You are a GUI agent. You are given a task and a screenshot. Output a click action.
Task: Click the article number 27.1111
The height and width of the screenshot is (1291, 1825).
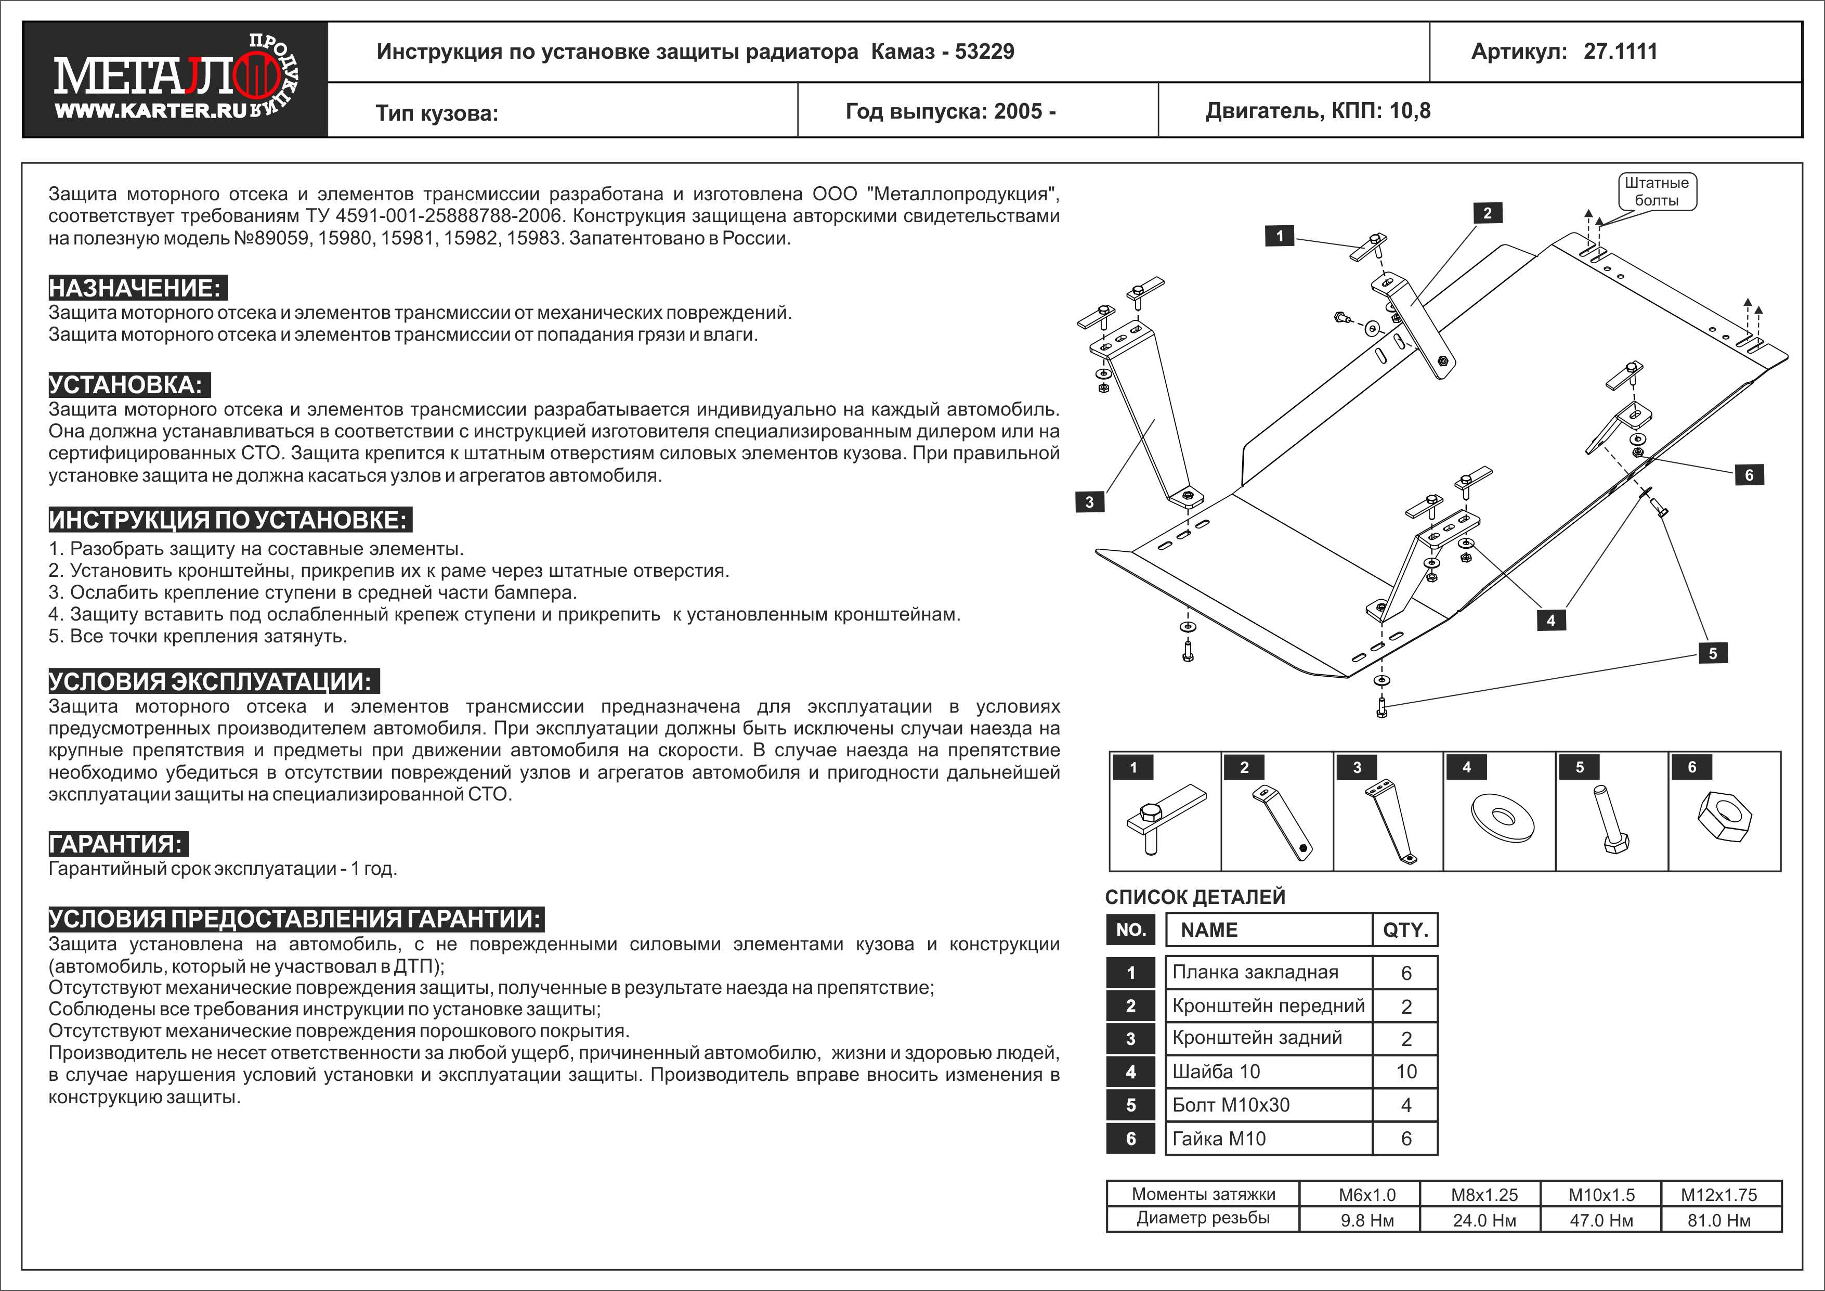coord(1620,51)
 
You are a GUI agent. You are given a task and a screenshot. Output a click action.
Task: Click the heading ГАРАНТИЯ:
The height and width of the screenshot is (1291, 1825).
coord(118,844)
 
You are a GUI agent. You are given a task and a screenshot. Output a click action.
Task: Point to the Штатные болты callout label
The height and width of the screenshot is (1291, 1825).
coord(1657,191)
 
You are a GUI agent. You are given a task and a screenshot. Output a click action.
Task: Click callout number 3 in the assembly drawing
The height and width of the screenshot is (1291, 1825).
coord(1089,501)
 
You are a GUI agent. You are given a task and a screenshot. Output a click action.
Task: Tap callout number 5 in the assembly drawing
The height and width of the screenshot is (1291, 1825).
coord(1713,653)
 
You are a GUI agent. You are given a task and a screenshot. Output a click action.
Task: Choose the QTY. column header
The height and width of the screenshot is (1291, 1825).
coord(1405,930)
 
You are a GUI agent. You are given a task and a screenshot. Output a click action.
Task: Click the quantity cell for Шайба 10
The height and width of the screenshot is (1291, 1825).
coord(1406,1071)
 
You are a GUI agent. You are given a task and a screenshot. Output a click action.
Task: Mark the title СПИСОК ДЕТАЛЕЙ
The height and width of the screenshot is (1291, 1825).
coord(1195,897)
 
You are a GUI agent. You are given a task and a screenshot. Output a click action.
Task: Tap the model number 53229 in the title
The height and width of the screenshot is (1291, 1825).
coord(984,51)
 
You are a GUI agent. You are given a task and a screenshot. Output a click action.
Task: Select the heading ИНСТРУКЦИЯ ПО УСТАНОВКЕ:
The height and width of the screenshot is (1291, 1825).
coord(229,520)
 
